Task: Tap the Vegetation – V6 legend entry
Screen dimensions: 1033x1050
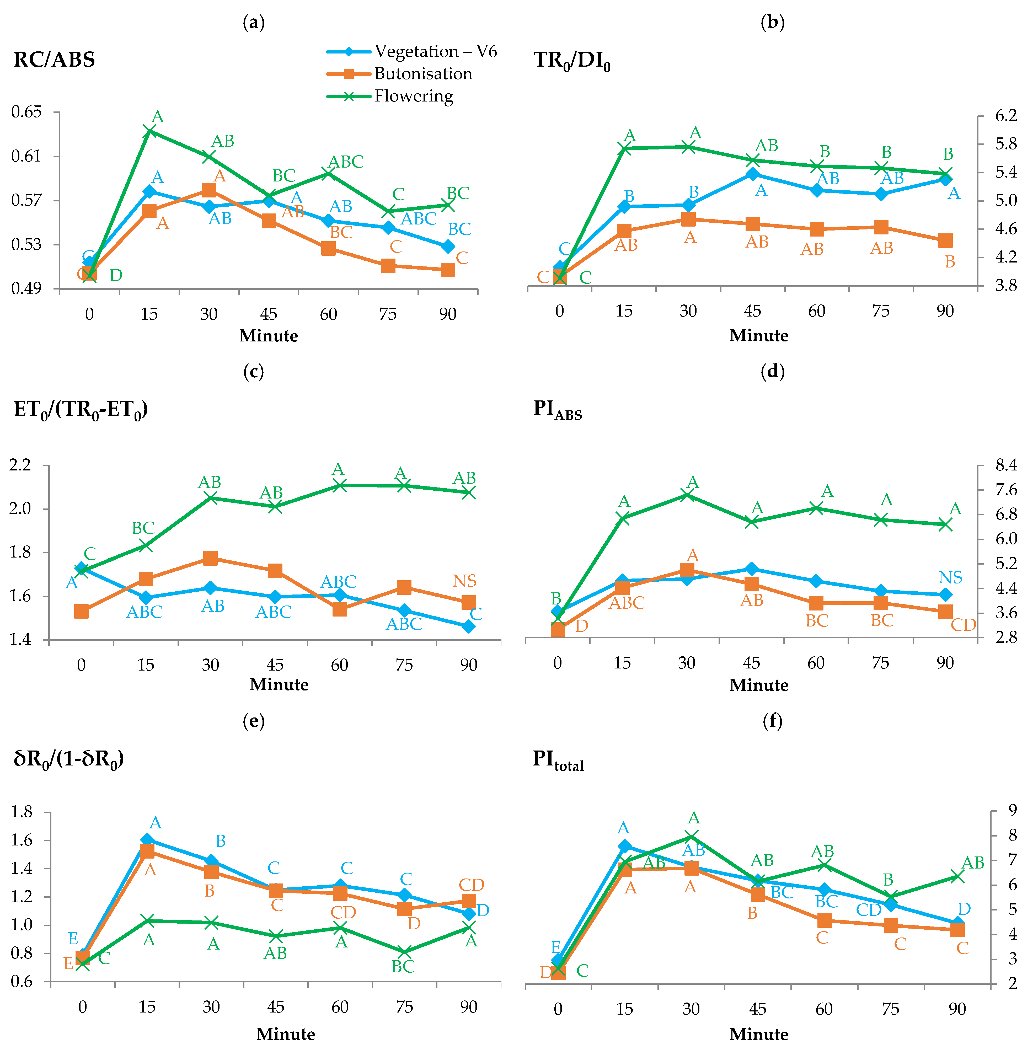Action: click(412, 52)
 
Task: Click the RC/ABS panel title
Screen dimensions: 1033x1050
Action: click(54, 59)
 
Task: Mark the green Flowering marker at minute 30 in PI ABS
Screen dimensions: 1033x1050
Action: click(687, 495)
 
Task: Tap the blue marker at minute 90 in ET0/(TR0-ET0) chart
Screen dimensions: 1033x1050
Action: click(469, 626)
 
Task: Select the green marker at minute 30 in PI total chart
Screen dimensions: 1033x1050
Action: click(691, 836)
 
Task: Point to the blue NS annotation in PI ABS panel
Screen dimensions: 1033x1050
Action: click(951, 577)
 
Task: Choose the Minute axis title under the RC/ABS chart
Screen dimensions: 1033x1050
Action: click(269, 336)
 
